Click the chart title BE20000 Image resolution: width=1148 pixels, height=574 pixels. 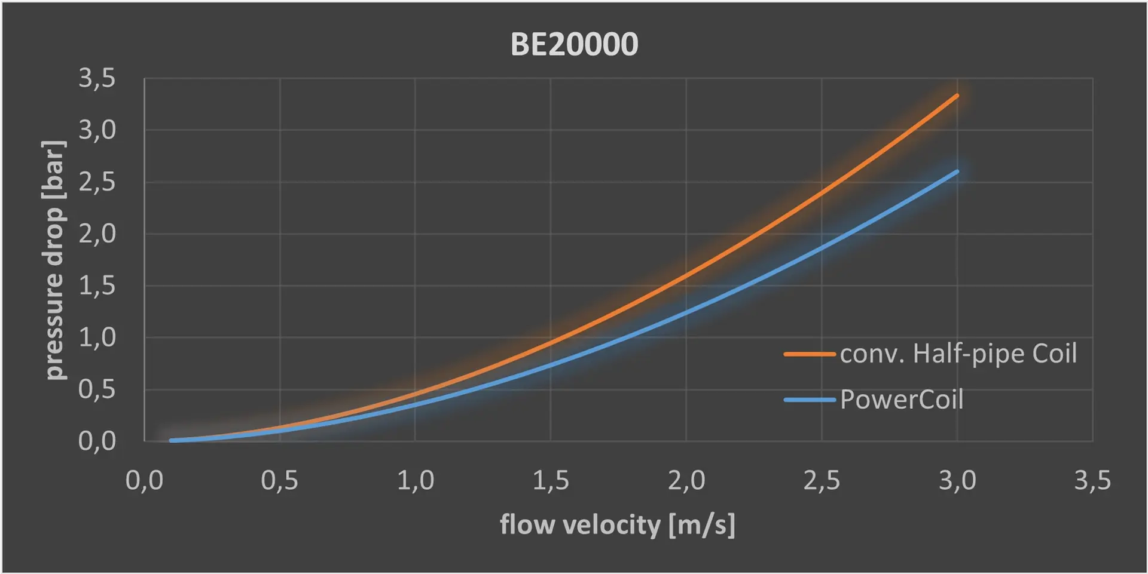pyautogui.click(x=574, y=44)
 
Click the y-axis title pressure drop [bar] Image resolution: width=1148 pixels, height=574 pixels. pyautogui.click(x=54, y=260)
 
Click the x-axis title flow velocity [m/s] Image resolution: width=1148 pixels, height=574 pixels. pyautogui.click(x=617, y=525)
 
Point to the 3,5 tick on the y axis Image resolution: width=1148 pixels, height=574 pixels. pyautogui.click(x=97, y=78)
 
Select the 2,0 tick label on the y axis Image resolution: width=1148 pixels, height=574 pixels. pyautogui.click(x=97, y=234)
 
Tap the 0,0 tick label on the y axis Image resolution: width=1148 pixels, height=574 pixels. pyautogui.click(x=97, y=441)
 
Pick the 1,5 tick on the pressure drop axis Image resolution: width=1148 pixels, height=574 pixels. pyautogui.click(x=97, y=286)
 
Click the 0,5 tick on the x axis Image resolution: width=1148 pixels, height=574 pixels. pyautogui.click(x=279, y=480)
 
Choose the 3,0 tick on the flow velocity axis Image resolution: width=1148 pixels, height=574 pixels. pyautogui.click(x=957, y=480)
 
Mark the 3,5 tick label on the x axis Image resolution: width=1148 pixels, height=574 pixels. pyautogui.click(x=1092, y=480)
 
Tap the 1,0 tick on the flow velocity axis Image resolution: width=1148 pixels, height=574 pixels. pyautogui.click(x=415, y=480)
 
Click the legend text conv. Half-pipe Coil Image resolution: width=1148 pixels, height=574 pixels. pyautogui.click(x=958, y=354)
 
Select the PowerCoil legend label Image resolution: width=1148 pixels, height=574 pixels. pyautogui.click(x=902, y=400)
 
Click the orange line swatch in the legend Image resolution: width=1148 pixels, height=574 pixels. pyautogui.click(x=810, y=354)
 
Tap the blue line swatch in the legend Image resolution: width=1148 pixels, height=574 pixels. pyautogui.click(x=810, y=400)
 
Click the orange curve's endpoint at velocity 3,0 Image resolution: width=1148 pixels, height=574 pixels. pyautogui.click(x=957, y=96)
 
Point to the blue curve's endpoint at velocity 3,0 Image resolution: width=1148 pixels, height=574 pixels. pyautogui.click(x=957, y=172)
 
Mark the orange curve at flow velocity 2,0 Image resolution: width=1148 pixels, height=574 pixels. pyautogui.click(x=686, y=275)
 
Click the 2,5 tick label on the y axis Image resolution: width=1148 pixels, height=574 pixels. pyautogui.click(x=97, y=182)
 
